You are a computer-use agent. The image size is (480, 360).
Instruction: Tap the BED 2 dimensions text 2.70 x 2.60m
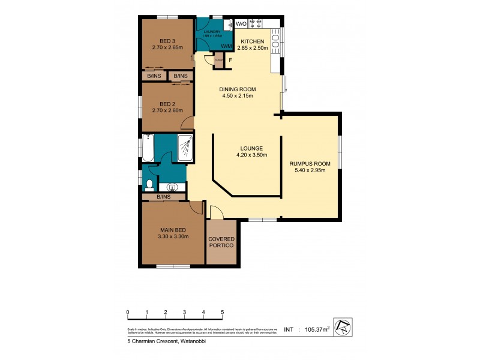[167, 110]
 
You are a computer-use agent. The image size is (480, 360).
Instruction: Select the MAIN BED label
[172, 229]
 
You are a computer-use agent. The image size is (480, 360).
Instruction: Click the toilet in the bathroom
[149, 184]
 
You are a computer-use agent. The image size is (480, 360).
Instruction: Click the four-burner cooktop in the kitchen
[257, 23]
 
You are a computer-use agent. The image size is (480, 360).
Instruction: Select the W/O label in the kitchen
[241, 23]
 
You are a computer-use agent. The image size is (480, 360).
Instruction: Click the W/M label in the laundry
[227, 46]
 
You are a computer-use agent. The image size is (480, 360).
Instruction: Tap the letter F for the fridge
[230, 61]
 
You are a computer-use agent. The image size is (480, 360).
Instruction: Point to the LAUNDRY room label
[212, 32]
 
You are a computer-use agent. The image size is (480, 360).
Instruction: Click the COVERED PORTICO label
[221, 242]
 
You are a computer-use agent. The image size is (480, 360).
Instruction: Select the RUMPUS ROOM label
[310, 163]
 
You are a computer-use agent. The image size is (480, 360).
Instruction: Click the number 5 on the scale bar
[223, 312]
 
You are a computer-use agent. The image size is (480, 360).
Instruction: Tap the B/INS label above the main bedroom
[163, 197]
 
